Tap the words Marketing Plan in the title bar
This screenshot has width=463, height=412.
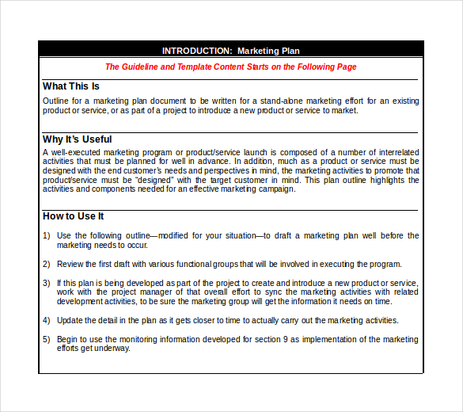268,51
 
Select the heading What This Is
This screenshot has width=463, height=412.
71,86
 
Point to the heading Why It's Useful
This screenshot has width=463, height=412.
78,139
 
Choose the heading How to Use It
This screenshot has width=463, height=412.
73,216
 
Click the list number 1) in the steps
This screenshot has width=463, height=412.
46,235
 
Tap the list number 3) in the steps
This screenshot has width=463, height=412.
46,283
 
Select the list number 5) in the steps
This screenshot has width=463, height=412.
46,339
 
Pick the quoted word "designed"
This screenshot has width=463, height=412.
157,180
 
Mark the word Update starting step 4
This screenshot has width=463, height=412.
70,320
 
